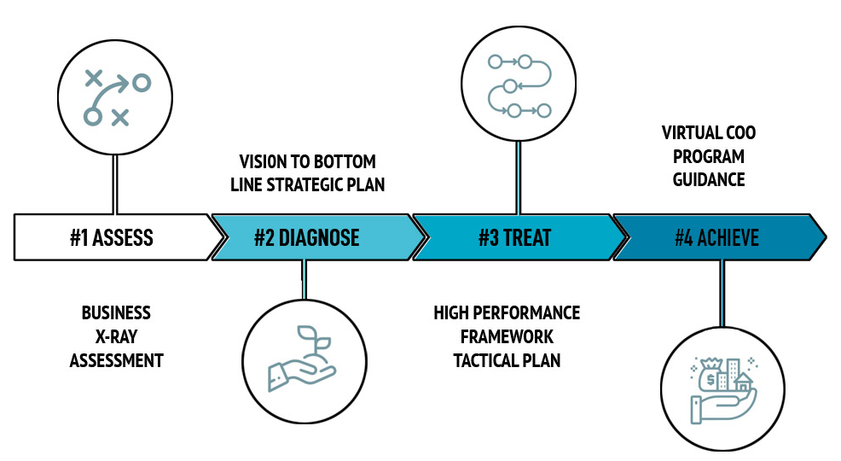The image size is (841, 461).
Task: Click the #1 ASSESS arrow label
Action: tap(112, 237)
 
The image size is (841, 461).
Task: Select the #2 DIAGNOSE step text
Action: tap(306, 237)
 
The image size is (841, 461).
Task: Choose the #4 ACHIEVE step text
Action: tap(716, 237)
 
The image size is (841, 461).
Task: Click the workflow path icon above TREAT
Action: tap(517, 86)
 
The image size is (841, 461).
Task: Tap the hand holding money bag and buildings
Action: tap(721, 385)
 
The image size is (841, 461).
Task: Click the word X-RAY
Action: tap(116, 336)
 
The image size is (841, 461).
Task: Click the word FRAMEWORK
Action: tap(507, 336)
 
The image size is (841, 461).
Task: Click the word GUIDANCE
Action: tap(709, 179)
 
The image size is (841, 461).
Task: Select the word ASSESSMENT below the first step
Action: tap(116, 359)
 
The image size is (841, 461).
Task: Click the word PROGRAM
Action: tap(709, 156)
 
